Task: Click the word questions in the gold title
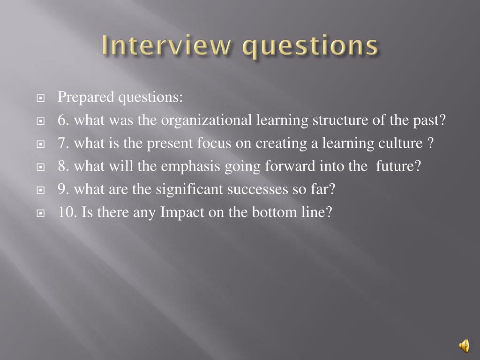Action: click(310, 47)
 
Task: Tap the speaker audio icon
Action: click(464, 345)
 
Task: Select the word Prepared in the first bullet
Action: click(86, 97)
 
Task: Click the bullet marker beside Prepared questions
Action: click(40, 98)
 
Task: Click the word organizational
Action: click(206, 120)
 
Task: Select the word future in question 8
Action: click(395, 166)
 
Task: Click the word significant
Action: click(189, 189)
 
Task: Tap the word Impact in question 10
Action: click(182, 213)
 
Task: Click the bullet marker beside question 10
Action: click(40, 213)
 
